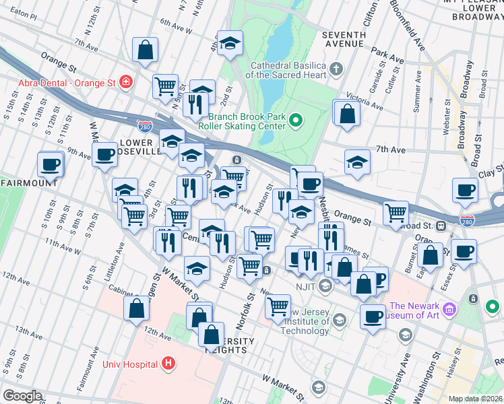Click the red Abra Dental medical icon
click(125, 82)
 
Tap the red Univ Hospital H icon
click(169, 364)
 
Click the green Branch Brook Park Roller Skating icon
click(295, 121)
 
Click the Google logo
click(22, 396)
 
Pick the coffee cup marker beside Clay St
click(466, 190)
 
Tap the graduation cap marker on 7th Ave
click(357, 162)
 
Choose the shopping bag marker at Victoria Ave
click(347, 112)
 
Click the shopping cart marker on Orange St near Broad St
click(396, 213)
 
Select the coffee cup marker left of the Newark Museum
click(372, 315)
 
